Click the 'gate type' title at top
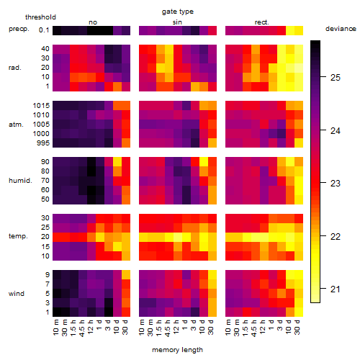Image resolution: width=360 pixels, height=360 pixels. pos(178,12)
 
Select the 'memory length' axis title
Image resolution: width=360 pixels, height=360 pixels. pos(177,350)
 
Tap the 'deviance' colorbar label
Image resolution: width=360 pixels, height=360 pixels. pos(341,29)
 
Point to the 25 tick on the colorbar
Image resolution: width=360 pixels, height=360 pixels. pos(323,77)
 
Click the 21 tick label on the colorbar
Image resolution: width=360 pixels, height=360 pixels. pos(336,289)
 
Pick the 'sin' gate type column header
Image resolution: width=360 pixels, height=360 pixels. pos(177,22)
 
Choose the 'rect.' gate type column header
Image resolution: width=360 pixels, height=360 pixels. pos(262,22)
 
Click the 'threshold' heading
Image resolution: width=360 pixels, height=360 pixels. pos(40,17)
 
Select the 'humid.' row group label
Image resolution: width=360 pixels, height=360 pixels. pos(20,181)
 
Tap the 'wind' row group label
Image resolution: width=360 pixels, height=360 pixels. pos(17,294)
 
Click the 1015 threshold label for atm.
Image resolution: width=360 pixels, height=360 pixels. pos(41,106)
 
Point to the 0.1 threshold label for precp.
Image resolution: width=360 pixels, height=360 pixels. pos(44,30)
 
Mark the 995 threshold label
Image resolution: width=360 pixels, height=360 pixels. pos(43,143)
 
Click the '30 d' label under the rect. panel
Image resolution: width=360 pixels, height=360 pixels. pos(297,327)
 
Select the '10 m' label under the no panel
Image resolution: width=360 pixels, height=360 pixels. pos(55,327)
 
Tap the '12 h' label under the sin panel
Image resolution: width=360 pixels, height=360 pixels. pos(176,327)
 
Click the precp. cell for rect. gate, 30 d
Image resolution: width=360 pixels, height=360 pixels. pos(299,30)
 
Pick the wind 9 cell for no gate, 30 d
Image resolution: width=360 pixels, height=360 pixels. pos(126,274)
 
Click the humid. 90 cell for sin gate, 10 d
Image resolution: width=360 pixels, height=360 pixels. pos(204,162)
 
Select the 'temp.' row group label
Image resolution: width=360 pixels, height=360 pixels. pos(18,236)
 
